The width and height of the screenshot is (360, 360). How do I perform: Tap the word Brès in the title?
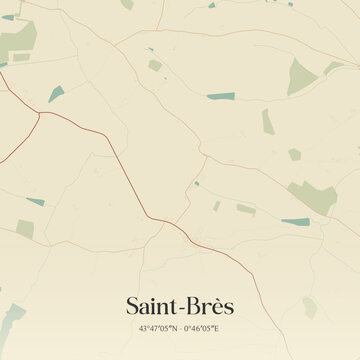[x=209, y=305]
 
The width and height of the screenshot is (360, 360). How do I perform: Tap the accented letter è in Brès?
[x=215, y=305]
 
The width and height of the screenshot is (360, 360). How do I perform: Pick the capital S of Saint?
[x=133, y=305]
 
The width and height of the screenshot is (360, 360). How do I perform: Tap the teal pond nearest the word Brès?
[x=296, y=222]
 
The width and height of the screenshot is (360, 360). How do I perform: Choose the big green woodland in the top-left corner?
[x=17, y=39]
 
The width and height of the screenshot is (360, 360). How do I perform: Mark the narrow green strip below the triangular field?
[x=267, y=121]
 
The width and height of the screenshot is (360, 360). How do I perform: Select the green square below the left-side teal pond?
[x=25, y=229]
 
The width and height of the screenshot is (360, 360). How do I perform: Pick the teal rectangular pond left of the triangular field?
[x=220, y=96]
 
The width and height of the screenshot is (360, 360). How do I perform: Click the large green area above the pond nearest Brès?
[x=312, y=195]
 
